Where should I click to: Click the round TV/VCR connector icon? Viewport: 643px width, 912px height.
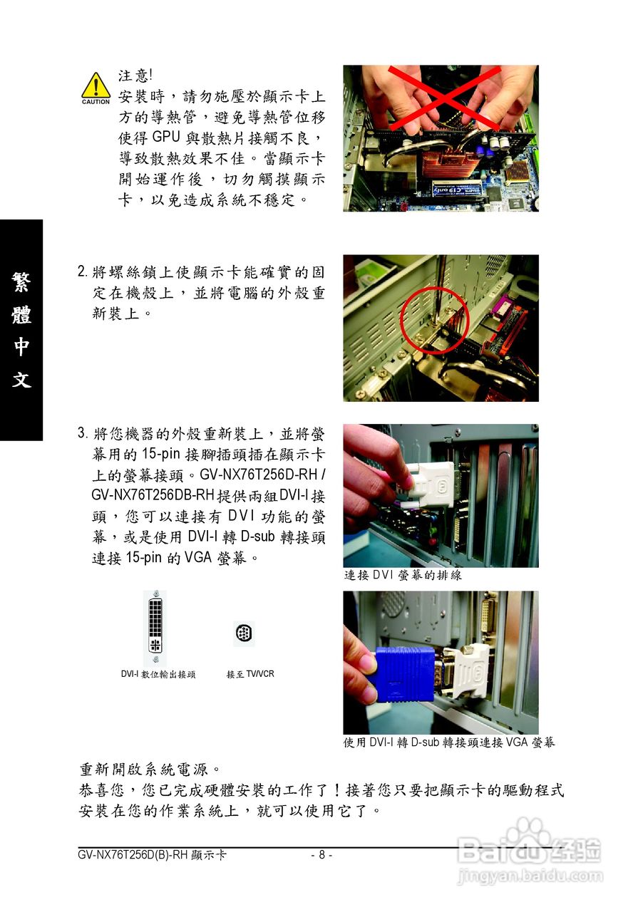tap(243, 631)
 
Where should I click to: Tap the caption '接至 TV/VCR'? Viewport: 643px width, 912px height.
tap(250, 674)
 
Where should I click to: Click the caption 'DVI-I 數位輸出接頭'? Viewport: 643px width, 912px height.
tap(158, 674)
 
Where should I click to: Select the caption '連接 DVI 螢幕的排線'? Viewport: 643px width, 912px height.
tap(403, 575)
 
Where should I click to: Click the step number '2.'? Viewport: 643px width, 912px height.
tap(83, 272)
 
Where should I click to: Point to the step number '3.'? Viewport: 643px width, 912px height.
tap(83, 433)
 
